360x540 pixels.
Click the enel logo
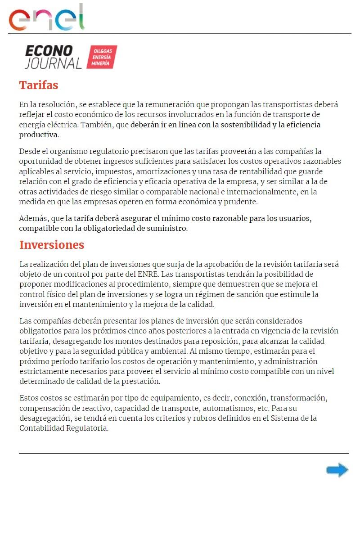47,17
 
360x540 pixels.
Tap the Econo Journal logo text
53,57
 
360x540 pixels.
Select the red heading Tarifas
39,85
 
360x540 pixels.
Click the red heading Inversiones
52,245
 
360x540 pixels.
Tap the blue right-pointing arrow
337,470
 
